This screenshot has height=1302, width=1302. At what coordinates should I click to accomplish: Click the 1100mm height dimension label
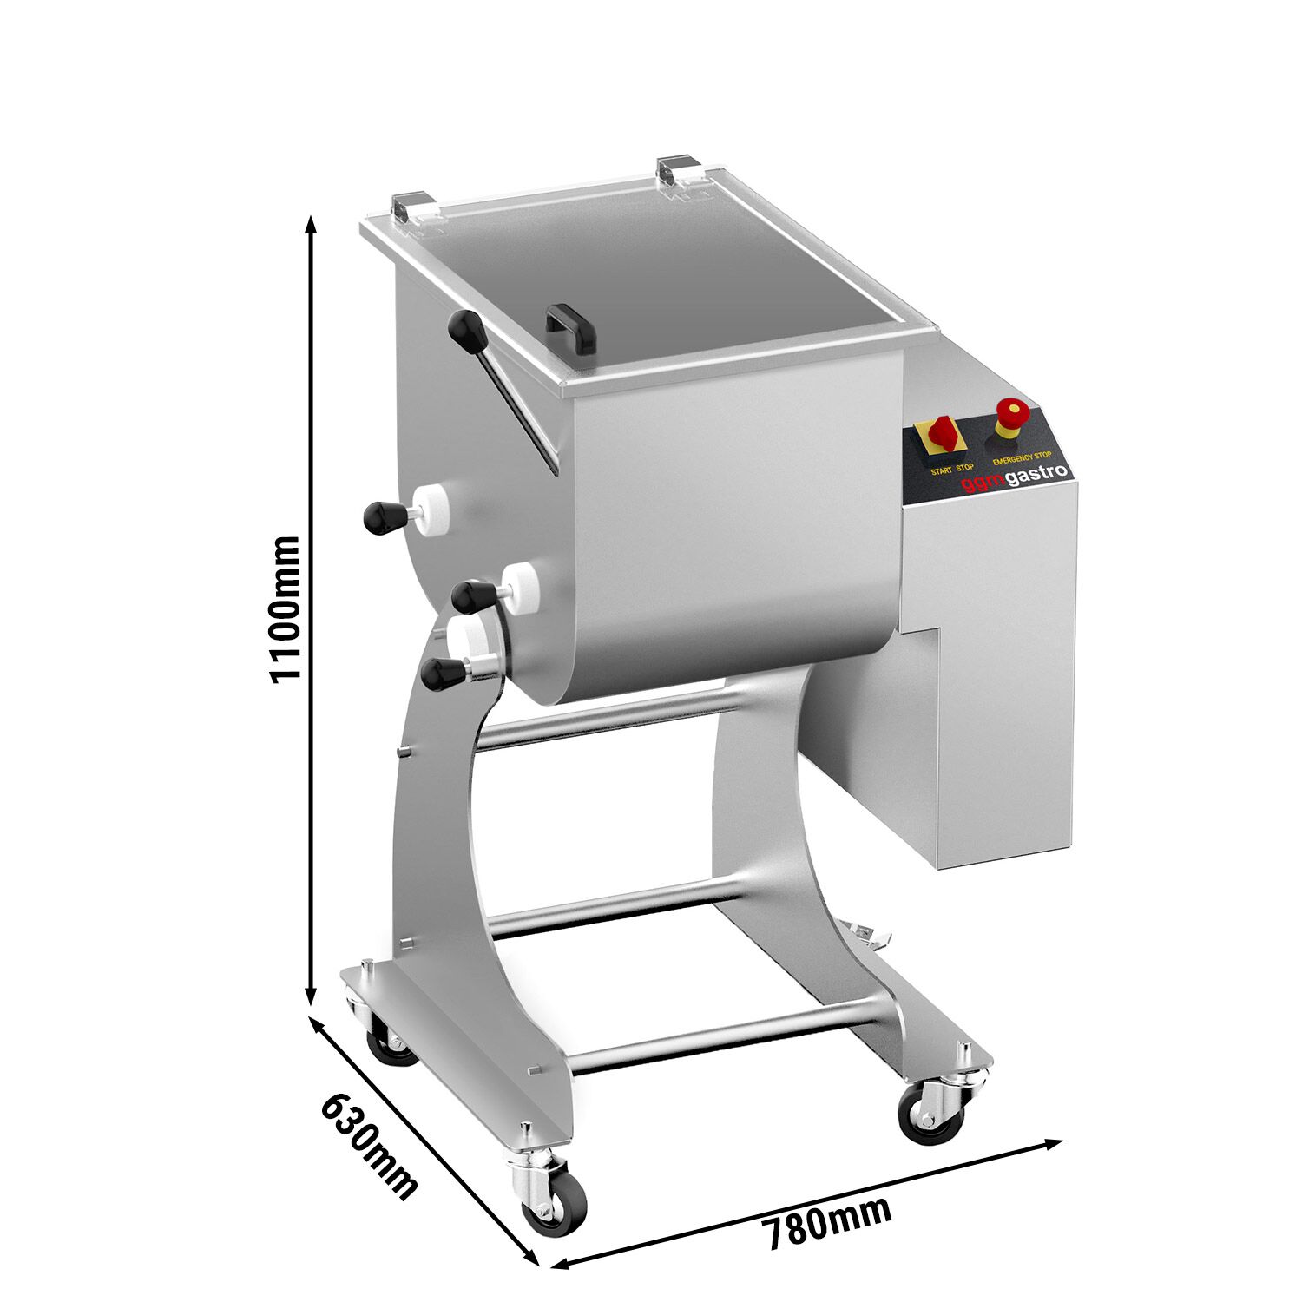click(x=284, y=609)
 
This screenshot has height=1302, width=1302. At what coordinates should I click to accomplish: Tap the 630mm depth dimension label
click(x=369, y=1146)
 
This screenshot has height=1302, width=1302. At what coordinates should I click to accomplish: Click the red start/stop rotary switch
click(x=941, y=436)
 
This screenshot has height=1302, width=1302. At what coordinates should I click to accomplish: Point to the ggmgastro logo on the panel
click(x=1015, y=477)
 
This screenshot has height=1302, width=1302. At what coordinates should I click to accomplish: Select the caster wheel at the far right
click(x=931, y=1112)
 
